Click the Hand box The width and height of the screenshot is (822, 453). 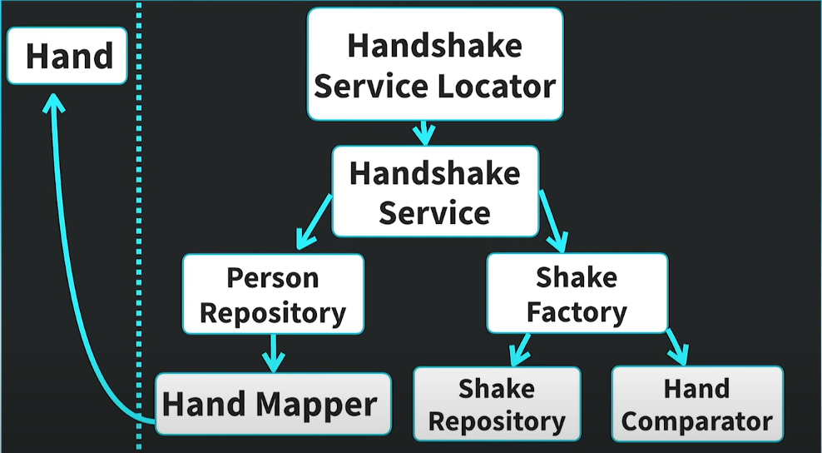pos(67,56)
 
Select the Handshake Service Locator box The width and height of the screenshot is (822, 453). pos(435,64)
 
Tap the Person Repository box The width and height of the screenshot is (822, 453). pos(273,295)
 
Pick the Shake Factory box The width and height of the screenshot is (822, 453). pos(577,294)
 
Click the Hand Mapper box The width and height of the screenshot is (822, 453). pos(273,405)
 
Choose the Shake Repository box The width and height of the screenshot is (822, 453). pos(497,405)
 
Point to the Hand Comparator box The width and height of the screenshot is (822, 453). pos(697,405)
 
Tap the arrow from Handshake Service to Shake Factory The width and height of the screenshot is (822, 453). pos(552,221)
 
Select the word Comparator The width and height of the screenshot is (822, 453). pos(697,421)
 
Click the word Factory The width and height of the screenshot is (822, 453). pos(577,312)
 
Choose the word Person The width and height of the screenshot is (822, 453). pos(273,277)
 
